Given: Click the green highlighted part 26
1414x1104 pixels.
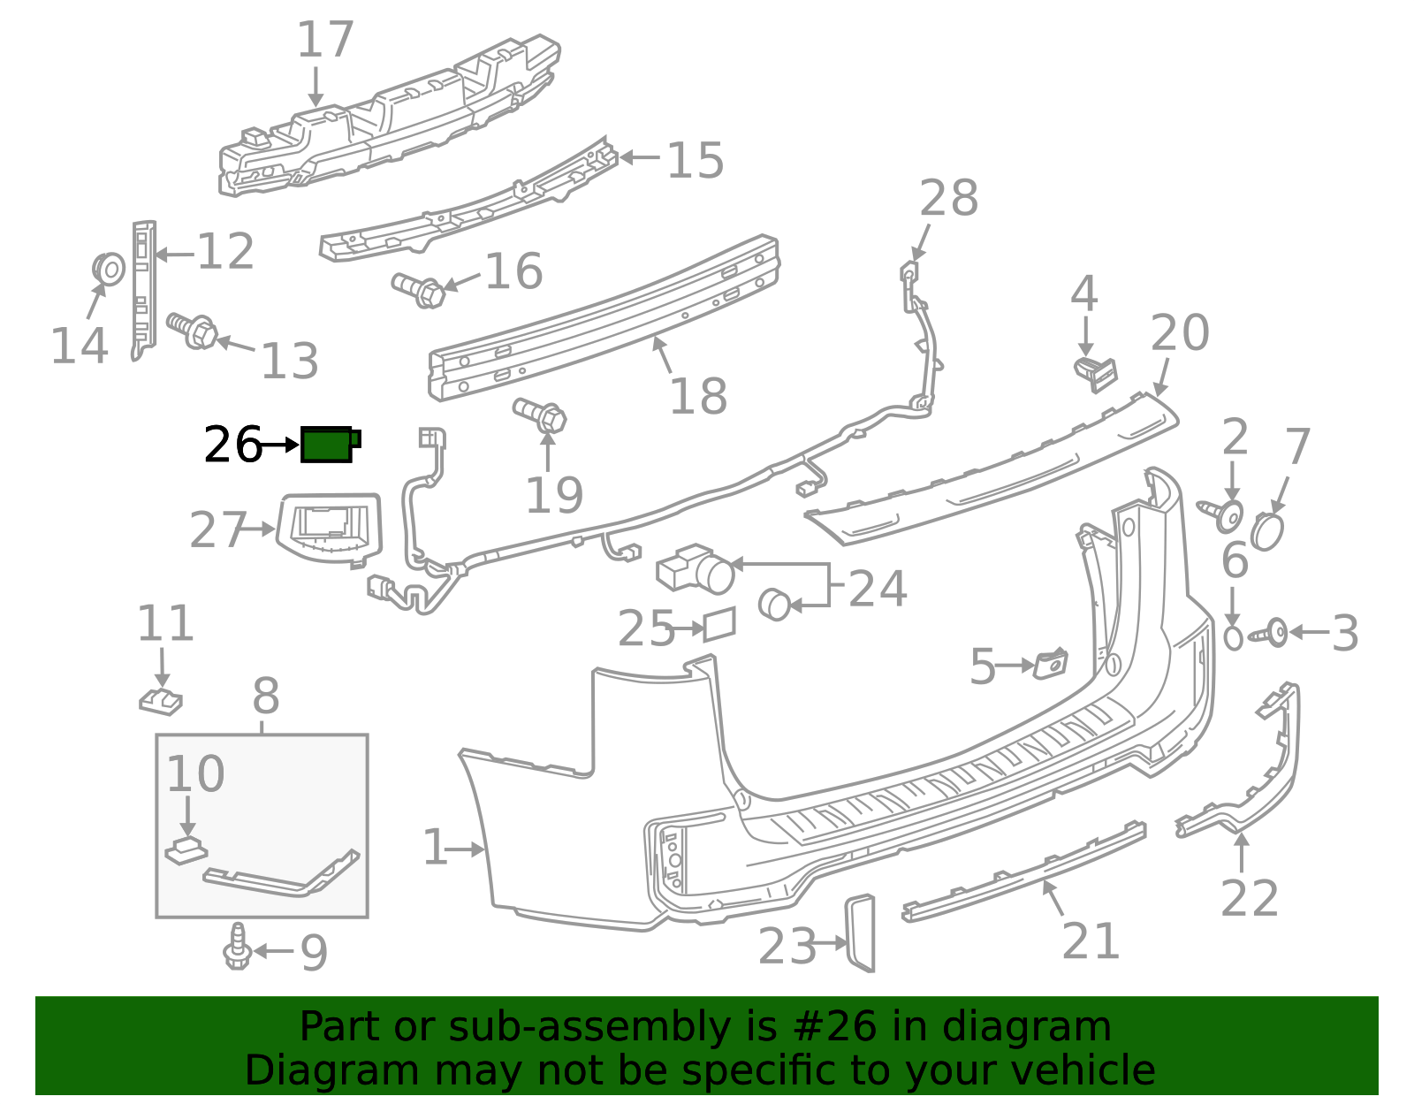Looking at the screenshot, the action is pos(330,445).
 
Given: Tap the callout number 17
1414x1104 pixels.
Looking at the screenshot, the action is pos(325,40).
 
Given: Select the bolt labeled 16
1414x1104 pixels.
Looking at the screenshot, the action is pos(418,291).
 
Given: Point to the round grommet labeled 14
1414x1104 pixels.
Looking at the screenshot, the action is pos(108,270).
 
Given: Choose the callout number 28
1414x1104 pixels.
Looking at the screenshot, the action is pos(949,198).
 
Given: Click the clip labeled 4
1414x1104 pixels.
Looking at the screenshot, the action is pos(1096,375).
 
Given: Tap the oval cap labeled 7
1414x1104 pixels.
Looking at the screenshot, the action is pos(1267,531).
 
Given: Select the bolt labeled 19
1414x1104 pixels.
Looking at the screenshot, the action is pos(540,415).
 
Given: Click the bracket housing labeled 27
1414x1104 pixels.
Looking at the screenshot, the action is pos(329,529).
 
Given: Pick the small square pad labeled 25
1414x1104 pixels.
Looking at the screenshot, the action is pos(719,624).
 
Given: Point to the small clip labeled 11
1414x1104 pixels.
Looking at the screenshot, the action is pos(161,701).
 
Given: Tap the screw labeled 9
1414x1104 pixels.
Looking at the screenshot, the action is pos(238,946).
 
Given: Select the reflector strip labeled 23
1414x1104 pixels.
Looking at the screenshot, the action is pos(860,933).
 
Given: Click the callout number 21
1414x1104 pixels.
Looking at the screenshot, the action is pos(1091,940).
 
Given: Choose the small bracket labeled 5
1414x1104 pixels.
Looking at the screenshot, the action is pos(1050,664).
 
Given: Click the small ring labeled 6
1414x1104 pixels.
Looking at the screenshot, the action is pos(1233,637).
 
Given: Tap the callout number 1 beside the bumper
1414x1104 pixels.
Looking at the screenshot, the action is pos(436,847).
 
